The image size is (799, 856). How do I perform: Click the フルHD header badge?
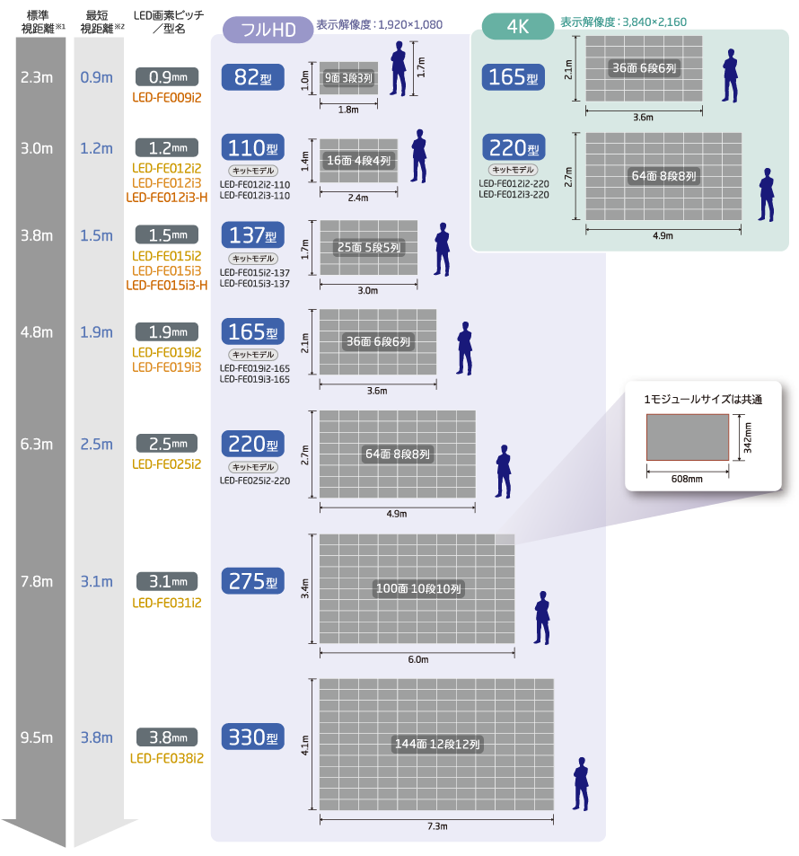tap(268, 30)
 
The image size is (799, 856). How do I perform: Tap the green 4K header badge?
tap(517, 26)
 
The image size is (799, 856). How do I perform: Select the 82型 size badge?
tap(252, 77)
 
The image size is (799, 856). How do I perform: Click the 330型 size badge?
tap(252, 737)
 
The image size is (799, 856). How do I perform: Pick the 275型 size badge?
tap(252, 581)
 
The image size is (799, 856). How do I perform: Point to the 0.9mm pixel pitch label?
tap(167, 77)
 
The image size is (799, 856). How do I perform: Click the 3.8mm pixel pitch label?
tap(167, 737)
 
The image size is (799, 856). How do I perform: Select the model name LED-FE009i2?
tap(167, 97)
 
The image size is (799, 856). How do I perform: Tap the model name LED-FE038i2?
tap(167, 758)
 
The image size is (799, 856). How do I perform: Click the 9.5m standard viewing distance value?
tap(37, 737)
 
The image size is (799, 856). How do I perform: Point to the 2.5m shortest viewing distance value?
tap(97, 445)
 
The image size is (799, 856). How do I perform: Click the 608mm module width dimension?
tap(687, 479)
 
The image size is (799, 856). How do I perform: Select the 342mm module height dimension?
tap(748, 437)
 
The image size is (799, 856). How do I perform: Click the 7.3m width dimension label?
tap(437, 826)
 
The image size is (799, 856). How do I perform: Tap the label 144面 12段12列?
tap(437, 744)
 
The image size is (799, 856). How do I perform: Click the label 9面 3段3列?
tap(348, 78)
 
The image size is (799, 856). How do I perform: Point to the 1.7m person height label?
tap(421, 67)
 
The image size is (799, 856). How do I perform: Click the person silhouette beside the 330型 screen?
tap(581, 783)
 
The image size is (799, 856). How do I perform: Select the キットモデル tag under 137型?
tap(252, 259)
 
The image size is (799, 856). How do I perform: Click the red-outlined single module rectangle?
tap(688, 437)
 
